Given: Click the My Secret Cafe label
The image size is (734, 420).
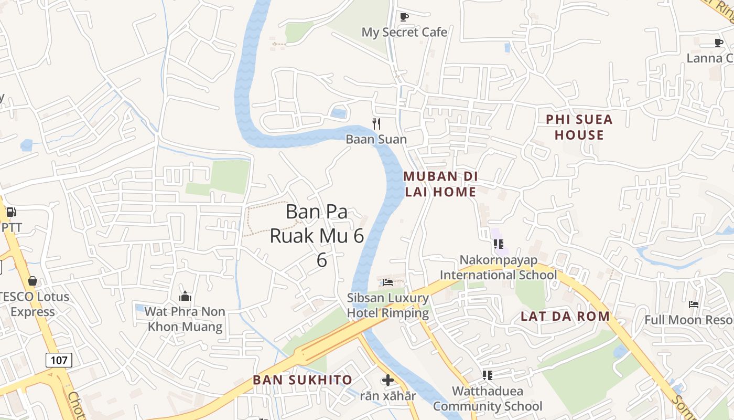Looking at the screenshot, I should tap(404, 32).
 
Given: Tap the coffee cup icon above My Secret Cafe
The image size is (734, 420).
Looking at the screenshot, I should tap(404, 17).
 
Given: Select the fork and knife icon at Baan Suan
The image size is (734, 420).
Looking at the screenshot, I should tap(376, 124).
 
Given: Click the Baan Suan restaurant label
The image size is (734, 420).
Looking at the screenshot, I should tap(376, 139).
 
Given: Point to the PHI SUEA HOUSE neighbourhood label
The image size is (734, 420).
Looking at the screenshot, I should tap(579, 127).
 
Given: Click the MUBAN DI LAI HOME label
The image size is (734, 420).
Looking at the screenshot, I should tap(440, 184).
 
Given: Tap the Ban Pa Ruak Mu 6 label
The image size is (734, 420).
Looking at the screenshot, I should tap(317, 235).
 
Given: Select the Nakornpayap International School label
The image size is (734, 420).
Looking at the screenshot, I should tap(498, 267).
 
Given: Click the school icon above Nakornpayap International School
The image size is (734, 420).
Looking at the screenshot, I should tap(498, 244).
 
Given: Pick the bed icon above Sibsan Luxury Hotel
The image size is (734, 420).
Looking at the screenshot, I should tap(388, 282).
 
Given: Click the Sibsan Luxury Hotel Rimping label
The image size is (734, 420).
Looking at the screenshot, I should tap(388, 306).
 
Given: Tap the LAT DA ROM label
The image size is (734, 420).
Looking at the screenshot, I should tap(565, 316).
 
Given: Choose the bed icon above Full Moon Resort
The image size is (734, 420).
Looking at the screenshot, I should tap(693, 304).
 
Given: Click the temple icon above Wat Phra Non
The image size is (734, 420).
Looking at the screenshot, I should tap(185, 296).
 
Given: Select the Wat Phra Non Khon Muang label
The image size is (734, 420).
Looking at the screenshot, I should tap(185, 319).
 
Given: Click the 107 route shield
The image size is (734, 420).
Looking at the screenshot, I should tap(59, 360).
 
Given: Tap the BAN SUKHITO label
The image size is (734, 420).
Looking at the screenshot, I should tap(303, 380).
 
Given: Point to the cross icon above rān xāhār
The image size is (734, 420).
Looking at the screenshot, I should tap(387, 380).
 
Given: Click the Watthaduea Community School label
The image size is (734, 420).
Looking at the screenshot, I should tap(488, 398).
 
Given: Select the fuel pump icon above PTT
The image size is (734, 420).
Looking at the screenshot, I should tap(11, 213).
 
